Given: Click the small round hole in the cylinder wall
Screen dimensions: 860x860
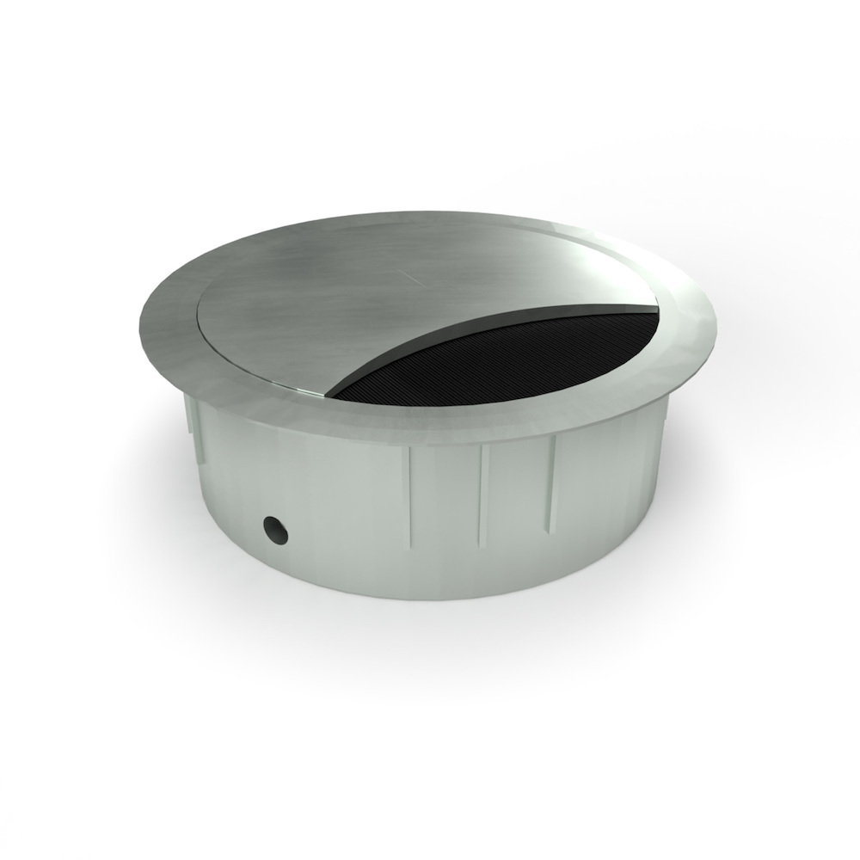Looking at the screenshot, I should (x=276, y=530).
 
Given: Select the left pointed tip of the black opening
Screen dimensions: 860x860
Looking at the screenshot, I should (x=332, y=397).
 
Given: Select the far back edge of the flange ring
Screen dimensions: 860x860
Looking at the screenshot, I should (x=430, y=214).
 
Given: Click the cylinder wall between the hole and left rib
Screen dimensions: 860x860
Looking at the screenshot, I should (x=344, y=516).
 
